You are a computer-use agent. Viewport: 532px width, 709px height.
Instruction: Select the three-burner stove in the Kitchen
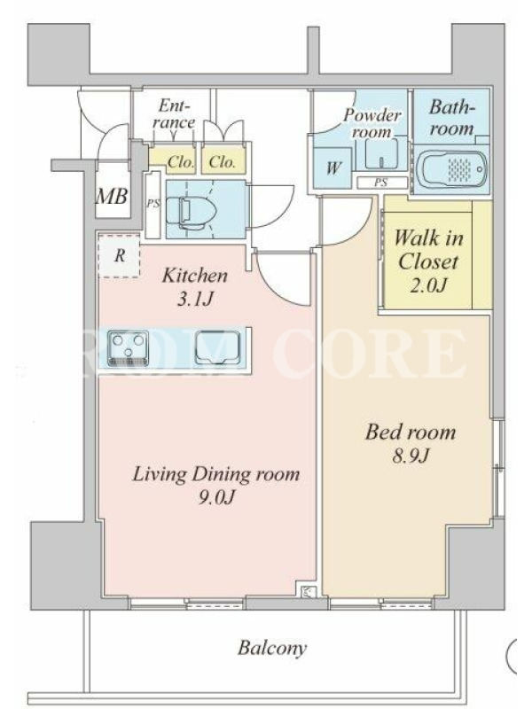point(128,348)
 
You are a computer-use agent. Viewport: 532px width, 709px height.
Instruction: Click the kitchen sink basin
point(217,347)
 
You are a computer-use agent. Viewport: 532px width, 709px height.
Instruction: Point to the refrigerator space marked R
point(120,256)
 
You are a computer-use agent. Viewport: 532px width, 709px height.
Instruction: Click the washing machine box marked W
point(333,168)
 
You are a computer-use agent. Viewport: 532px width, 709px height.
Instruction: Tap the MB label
point(113,196)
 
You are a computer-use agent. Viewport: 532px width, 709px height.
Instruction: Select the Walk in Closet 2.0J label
point(428,261)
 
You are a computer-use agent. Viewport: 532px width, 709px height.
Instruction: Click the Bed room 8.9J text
point(411,444)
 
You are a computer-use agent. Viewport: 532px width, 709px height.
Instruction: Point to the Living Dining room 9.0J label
point(215,485)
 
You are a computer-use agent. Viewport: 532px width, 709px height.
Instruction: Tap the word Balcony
point(272,648)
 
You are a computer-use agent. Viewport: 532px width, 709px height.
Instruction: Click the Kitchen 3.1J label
point(195,287)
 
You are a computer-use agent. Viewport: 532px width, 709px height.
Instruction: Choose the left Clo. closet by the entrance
point(173,161)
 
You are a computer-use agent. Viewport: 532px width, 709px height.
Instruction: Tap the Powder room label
point(372,123)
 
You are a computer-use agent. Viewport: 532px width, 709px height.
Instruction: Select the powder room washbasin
point(382,152)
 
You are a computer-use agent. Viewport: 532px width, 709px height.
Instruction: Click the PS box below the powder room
point(381,183)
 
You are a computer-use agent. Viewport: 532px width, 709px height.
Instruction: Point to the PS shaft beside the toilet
point(153,205)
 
